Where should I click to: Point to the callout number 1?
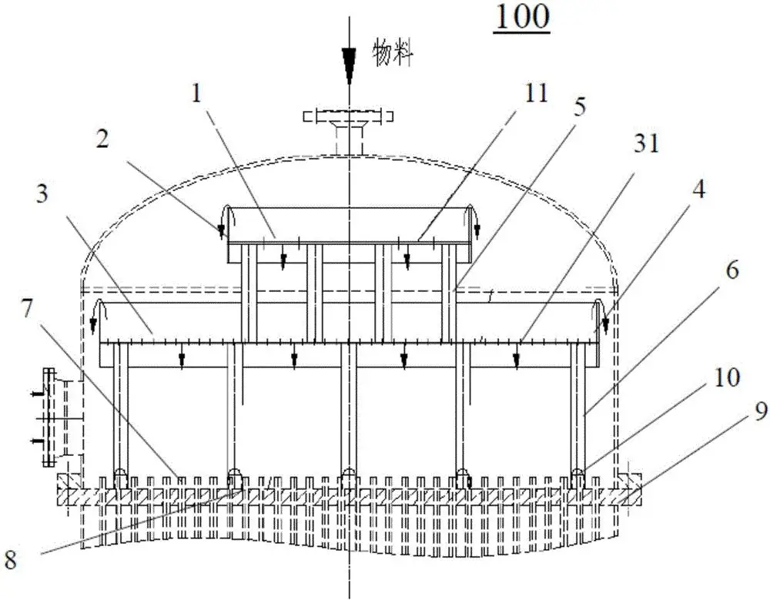pos(197,96)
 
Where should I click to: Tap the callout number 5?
pos(579,106)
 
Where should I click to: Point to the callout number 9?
pos(739,414)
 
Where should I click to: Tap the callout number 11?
pos(537,94)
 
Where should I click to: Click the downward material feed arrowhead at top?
pos(349,65)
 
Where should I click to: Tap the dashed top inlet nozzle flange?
pos(349,117)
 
